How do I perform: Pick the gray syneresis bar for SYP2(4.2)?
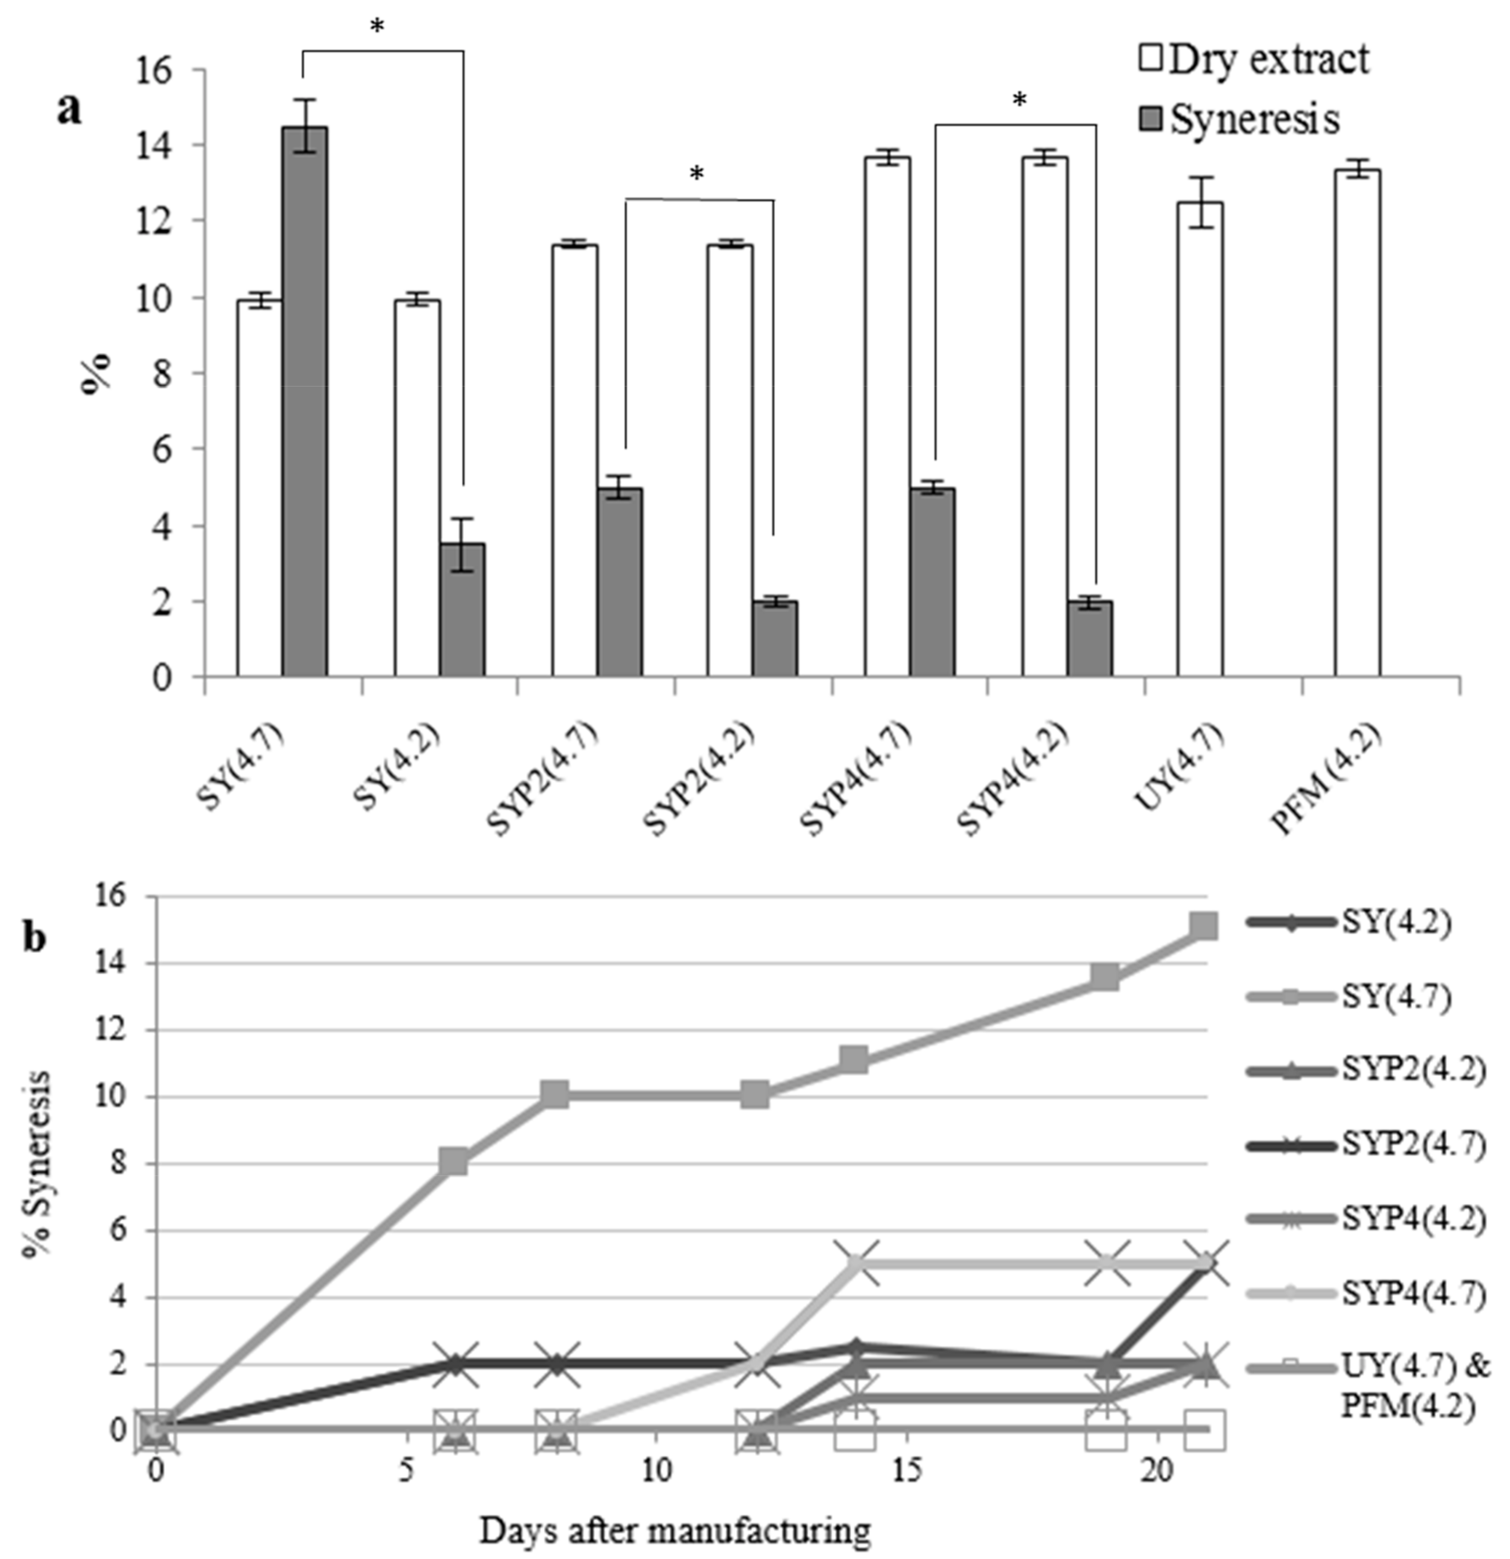(775, 639)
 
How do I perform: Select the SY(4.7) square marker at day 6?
(454, 1162)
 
